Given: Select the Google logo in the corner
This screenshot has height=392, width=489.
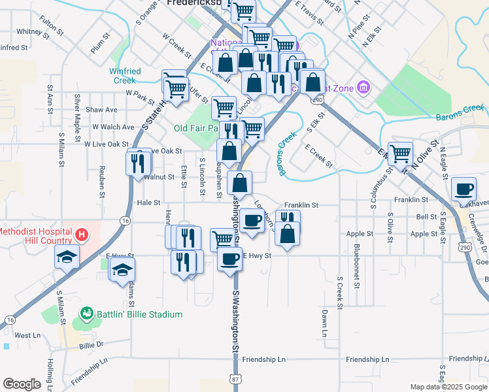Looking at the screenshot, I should click(x=22, y=384).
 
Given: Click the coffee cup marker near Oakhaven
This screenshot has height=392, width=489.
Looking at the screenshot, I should click(x=464, y=189).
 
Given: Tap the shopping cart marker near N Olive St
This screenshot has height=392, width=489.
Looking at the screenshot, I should click(x=400, y=155).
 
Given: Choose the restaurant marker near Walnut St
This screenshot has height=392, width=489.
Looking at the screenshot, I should click(x=137, y=162).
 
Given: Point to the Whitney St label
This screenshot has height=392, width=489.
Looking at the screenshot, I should click(x=30, y=31).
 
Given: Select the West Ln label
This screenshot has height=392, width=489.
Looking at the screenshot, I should click(x=27, y=335).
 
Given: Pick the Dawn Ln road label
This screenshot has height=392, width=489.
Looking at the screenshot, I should click(x=324, y=323).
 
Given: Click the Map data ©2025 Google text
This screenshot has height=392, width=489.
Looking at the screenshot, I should click(x=448, y=387).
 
